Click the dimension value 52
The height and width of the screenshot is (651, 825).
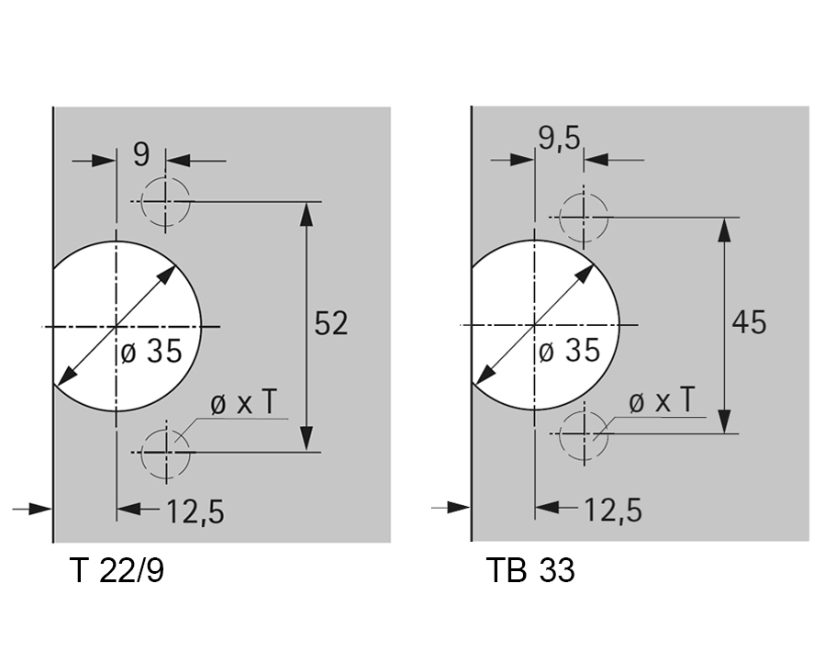(x=331, y=323)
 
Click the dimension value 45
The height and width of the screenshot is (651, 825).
(x=749, y=322)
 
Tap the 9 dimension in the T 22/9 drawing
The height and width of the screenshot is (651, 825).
(x=141, y=154)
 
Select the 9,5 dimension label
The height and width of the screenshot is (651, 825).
(x=559, y=139)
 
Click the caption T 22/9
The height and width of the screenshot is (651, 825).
(x=117, y=570)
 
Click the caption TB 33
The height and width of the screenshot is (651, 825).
(x=530, y=569)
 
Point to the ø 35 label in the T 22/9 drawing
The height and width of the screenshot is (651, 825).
(x=151, y=351)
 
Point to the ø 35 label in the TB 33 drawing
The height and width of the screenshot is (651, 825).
(x=569, y=350)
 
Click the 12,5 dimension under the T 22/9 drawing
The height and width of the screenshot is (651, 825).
(x=195, y=511)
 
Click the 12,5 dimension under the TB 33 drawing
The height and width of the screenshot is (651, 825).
(x=614, y=510)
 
